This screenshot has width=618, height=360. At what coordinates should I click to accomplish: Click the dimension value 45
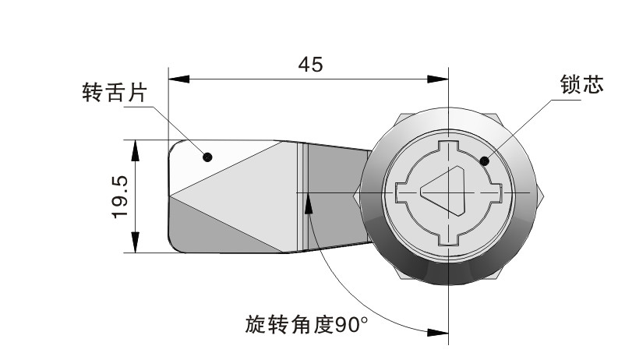coord(311,65)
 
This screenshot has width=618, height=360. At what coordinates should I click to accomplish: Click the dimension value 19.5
coord(120,197)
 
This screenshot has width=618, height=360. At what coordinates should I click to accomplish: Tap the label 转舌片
coord(115,93)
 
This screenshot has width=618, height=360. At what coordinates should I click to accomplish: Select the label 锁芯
coord(581,84)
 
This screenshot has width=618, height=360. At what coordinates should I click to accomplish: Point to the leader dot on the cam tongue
coord(207,157)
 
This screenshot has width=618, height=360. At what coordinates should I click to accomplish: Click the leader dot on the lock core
coord(485,161)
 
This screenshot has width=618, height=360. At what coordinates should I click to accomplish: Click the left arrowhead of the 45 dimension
coord(179,79)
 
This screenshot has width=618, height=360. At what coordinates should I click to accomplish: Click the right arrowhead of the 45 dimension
coord(438,79)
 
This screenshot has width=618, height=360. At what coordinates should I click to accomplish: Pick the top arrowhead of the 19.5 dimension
coord(135,150)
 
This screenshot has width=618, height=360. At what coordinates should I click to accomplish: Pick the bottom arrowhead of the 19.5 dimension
coord(135,242)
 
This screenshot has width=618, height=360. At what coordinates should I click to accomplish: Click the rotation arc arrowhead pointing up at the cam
coord(309,203)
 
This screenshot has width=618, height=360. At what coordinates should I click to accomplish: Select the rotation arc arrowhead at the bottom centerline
coord(438,333)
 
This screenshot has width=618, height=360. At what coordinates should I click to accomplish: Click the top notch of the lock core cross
coord(449,146)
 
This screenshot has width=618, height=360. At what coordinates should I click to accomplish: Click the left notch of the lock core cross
coord(401,192)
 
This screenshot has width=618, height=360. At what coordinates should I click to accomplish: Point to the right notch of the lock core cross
coord(496,192)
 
